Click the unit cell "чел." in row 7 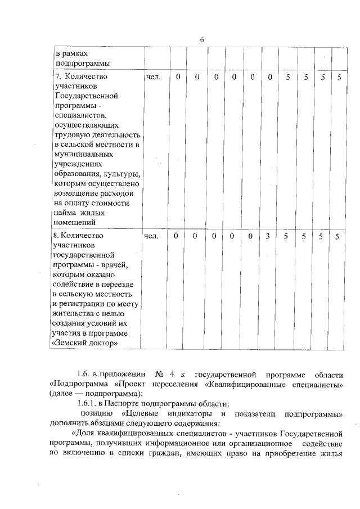(x=153, y=76)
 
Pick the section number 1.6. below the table (x=84, y=374)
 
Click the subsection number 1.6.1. (x=87, y=404)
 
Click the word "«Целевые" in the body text (x=141, y=414)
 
